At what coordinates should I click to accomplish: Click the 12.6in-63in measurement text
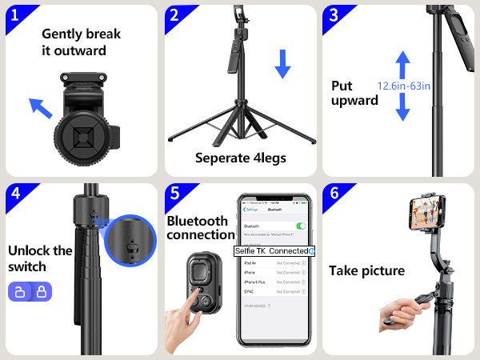[405, 85]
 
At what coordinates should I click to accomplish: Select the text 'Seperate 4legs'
[240, 158]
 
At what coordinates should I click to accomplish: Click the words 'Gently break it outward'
[79, 42]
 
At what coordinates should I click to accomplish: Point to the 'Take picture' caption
[366, 271]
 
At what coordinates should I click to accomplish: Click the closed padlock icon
[38, 292]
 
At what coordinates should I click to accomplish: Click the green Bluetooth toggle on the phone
[301, 226]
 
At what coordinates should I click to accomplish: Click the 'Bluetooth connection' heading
[201, 228]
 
